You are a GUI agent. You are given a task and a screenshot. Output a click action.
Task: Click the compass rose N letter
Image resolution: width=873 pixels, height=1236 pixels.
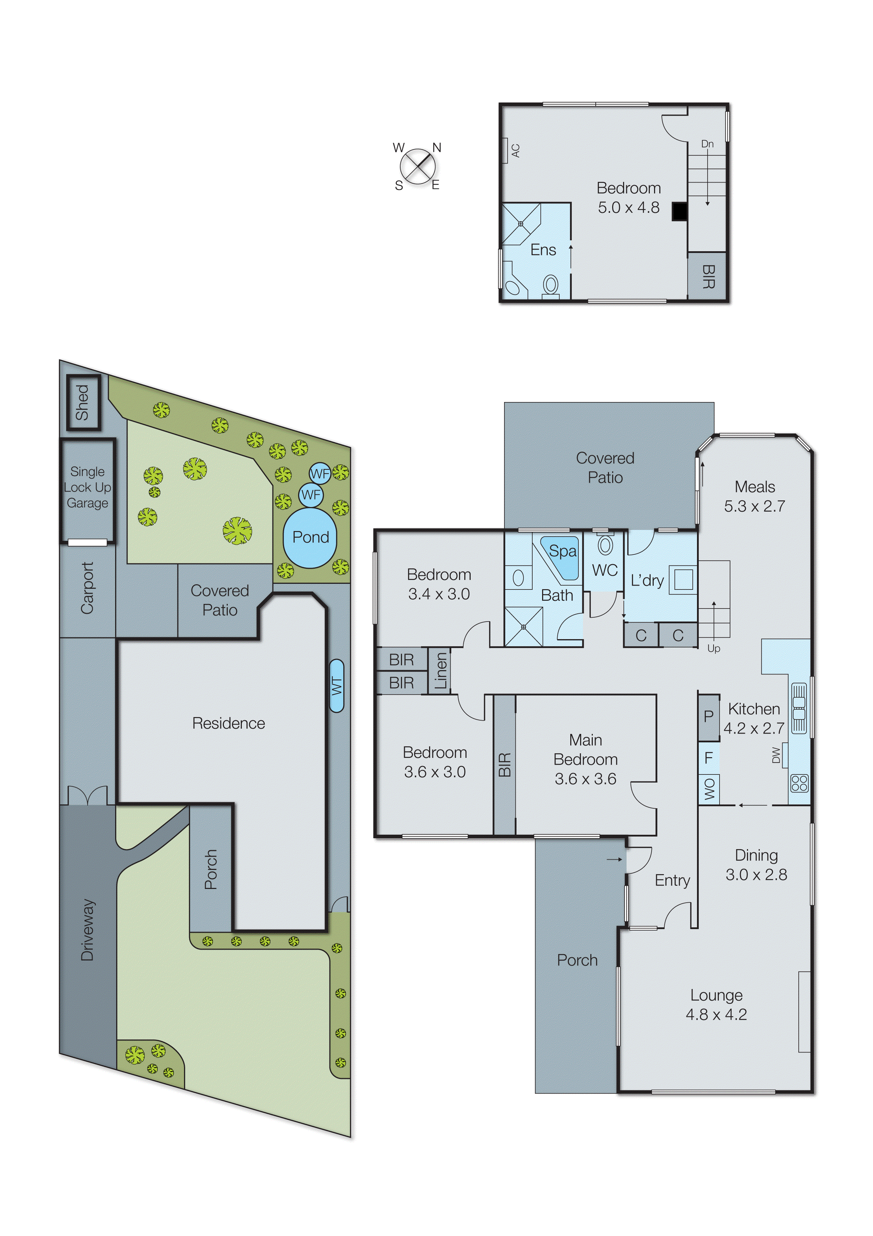pyautogui.click(x=437, y=148)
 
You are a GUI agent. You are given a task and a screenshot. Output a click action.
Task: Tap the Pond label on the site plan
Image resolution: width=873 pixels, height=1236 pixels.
pyautogui.click(x=310, y=537)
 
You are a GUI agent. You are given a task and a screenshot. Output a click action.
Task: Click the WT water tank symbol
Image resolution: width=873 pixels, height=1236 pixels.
pyautogui.click(x=336, y=686)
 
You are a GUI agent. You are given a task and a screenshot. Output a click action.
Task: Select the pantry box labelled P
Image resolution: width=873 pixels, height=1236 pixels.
pyautogui.click(x=708, y=717)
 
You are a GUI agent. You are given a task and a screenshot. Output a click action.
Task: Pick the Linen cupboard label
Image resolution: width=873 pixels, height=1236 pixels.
pyautogui.click(x=440, y=671)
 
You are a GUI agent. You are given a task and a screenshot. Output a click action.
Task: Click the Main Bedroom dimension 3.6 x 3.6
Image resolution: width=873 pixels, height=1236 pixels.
pyautogui.click(x=585, y=779)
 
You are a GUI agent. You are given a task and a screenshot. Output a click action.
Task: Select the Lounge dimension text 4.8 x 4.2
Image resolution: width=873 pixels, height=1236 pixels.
pyautogui.click(x=716, y=1015)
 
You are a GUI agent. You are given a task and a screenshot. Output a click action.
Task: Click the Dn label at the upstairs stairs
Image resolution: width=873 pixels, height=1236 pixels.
pyautogui.click(x=707, y=144)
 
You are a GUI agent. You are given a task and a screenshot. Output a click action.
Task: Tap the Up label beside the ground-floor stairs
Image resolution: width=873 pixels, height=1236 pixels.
pyautogui.click(x=713, y=648)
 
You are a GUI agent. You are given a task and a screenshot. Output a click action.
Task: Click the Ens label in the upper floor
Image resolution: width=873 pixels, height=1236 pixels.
pyautogui.click(x=543, y=250)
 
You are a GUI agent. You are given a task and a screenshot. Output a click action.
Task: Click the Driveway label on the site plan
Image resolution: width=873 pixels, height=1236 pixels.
pyautogui.click(x=87, y=929)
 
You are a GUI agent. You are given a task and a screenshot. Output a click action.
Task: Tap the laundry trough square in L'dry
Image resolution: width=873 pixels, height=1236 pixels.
pyautogui.click(x=683, y=580)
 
